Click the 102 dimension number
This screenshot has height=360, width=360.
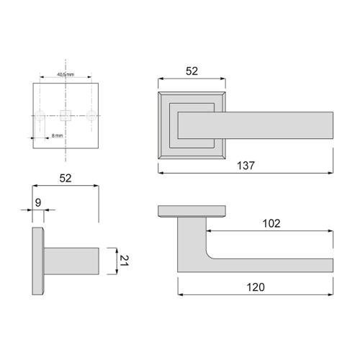click(x=271, y=224)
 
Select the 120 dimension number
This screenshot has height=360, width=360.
click(x=255, y=287)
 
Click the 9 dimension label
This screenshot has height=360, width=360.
click(x=38, y=203)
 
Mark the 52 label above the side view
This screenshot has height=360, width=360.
click(x=65, y=177)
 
